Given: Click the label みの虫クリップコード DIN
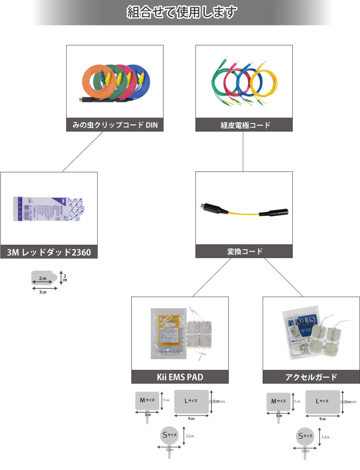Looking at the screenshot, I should tap(115, 125).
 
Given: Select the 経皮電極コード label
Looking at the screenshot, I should tap(244, 125).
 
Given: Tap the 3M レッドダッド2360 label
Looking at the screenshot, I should tap(49, 252).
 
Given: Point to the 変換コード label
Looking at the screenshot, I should tap(244, 252).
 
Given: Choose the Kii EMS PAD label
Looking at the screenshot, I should tap(180, 377).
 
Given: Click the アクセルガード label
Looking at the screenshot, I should tap(311, 377).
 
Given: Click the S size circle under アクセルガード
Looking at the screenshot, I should tap(305, 436).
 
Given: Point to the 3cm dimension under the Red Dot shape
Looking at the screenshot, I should tap(43, 292).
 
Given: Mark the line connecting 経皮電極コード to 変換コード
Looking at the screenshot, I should tap(244, 151).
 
